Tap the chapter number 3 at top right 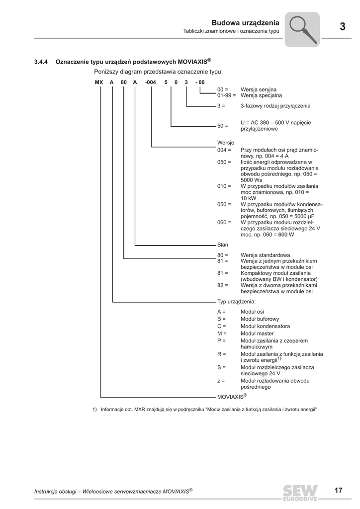[343, 27]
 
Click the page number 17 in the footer [338, 491]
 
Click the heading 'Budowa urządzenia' [245, 22]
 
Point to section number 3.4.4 [41, 62]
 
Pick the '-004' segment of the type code [151, 82]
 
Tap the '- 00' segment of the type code [200, 82]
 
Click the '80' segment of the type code [123, 82]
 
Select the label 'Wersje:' [226, 143]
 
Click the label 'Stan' [223, 245]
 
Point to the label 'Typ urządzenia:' [237, 302]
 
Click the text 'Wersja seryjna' [259, 89]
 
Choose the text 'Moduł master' [256, 333]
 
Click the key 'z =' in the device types [221, 381]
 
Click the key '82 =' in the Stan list [223, 285]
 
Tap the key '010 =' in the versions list [224, 186]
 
